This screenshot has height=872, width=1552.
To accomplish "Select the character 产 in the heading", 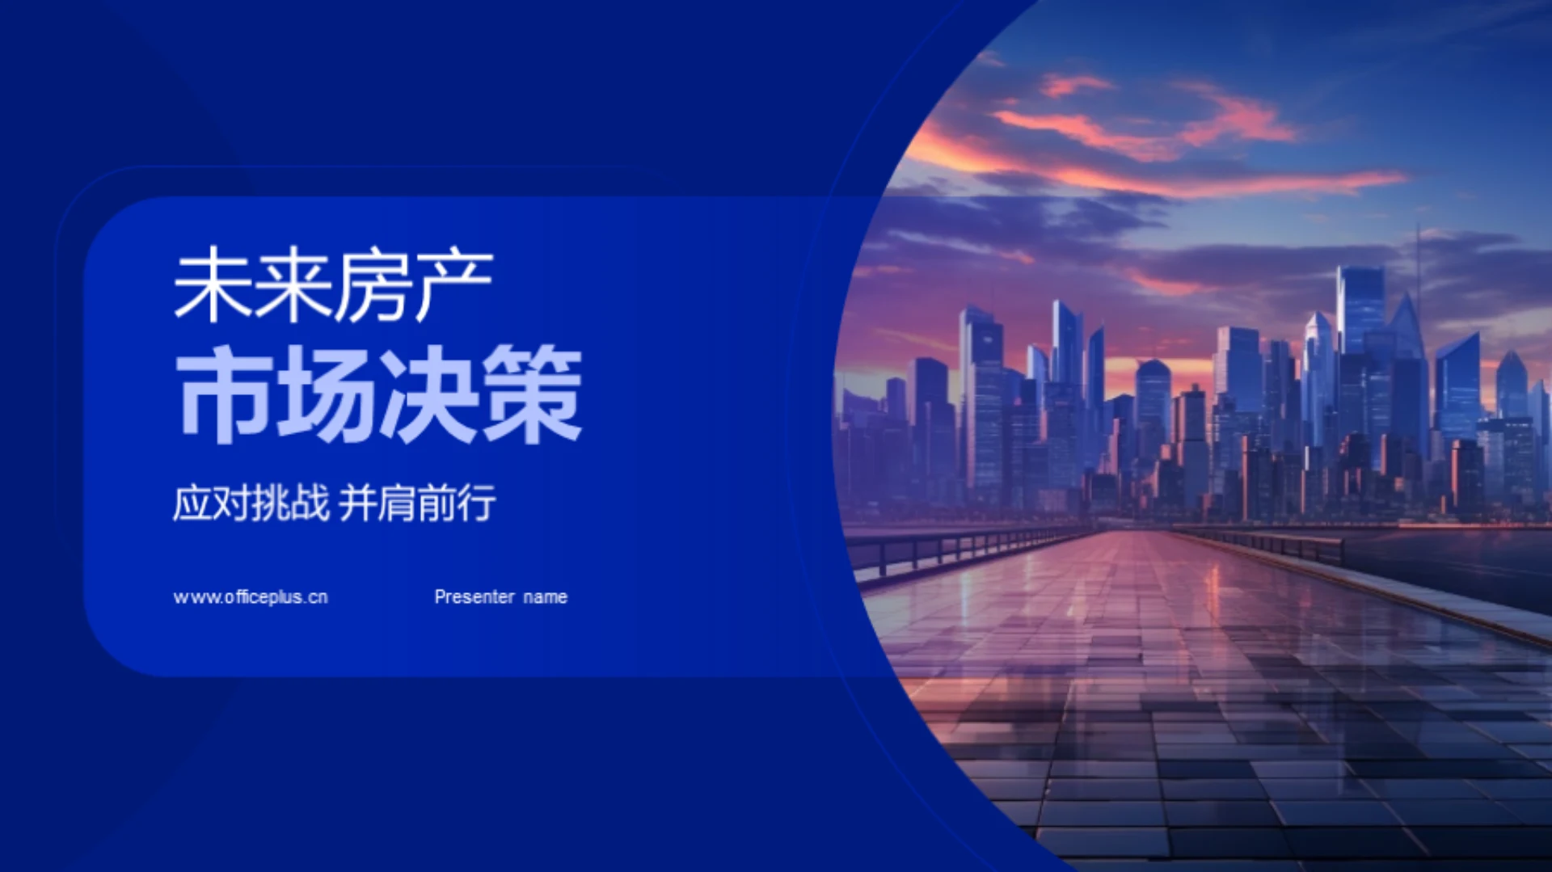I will (453, 285).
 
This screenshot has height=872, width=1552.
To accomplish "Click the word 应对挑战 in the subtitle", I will (251, 503).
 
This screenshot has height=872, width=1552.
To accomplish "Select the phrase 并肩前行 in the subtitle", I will (417, 503).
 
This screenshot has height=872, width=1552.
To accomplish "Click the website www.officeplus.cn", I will (251, 597).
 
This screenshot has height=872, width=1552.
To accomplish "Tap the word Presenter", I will (474, 597).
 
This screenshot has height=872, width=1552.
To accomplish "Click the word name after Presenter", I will (546, 597).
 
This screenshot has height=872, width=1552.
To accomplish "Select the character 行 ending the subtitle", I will (477, 503).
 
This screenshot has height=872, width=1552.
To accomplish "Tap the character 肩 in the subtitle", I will (398, 503).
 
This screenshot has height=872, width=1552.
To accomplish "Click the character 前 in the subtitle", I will (437, 503).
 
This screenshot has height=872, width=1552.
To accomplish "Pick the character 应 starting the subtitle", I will (192, 503).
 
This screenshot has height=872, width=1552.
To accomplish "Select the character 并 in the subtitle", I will (358, 503).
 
